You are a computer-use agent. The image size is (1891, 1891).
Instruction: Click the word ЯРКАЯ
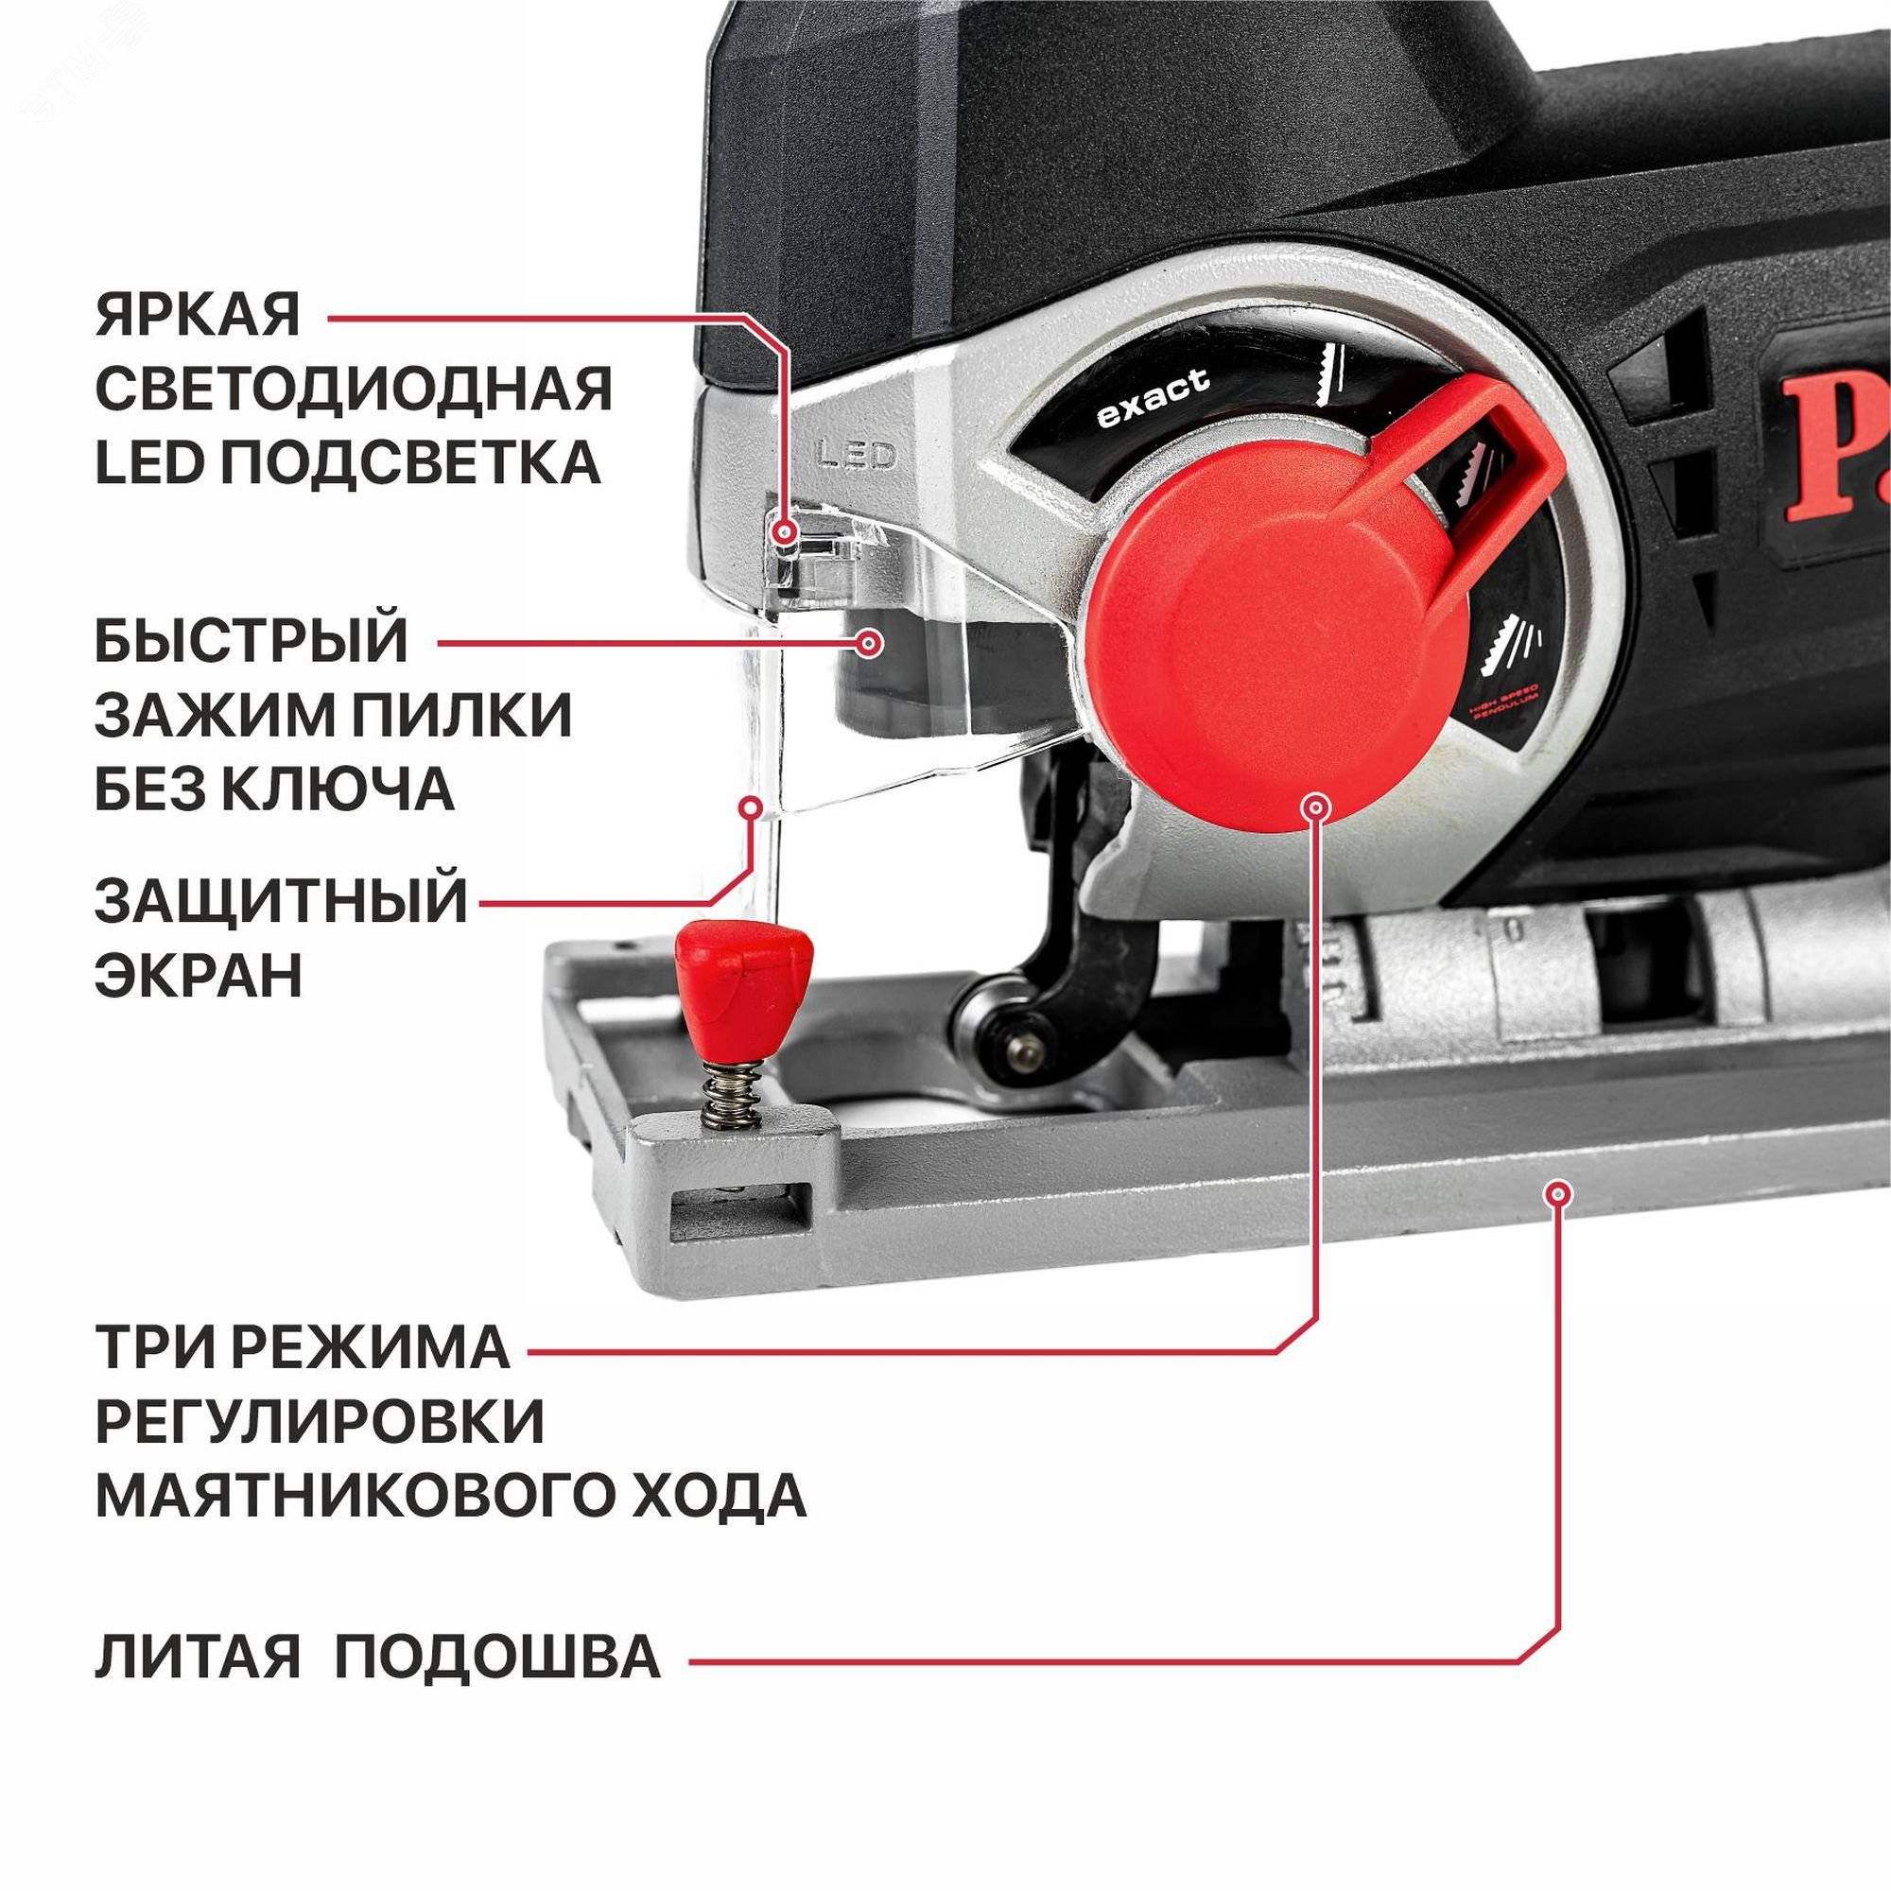[197, 316]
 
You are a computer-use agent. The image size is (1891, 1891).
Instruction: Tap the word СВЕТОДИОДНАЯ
[354, 389]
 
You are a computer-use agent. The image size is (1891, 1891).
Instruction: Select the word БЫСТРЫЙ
[252, 641]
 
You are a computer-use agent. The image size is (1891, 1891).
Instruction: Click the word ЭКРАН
[199, 975]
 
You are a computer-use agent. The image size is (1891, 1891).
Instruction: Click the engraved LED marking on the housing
[857, 455]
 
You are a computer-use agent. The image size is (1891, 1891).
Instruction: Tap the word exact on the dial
[1153, 399]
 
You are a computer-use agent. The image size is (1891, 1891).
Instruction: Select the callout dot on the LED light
[783, 532]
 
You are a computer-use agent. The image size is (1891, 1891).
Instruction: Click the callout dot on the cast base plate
[1557, 1193]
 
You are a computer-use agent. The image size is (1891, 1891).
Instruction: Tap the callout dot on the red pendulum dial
[1315, 807]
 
